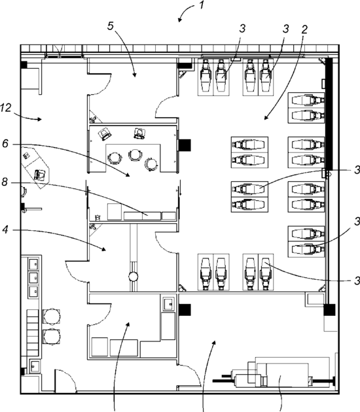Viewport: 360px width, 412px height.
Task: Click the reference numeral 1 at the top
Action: click(201, 5)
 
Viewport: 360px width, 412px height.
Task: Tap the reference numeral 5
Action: click(111, 26)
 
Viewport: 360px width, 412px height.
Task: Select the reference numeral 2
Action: click(304, 29)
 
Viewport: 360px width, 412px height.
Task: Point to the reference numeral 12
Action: click(5, 107)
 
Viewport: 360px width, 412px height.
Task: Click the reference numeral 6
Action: click(5, 144)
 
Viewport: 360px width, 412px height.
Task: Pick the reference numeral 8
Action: click(5, 182)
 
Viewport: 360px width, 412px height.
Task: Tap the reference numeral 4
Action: click(5, 230)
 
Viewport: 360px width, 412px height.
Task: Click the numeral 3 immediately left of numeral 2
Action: click(286, 28)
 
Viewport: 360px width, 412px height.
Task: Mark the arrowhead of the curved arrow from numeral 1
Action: click(180, 20)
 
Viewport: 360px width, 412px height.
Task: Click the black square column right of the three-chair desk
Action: click(185, 145)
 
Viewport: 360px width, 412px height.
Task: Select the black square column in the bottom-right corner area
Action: click(329, 310)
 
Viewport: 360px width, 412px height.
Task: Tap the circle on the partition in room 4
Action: click(134, 276)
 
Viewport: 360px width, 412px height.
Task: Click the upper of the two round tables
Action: click(51, 317)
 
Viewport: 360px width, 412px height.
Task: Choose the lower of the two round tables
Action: click(52, 337)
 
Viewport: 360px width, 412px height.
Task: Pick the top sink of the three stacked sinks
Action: click(33, 264)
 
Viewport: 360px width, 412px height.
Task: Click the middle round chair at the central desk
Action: click(135, 155)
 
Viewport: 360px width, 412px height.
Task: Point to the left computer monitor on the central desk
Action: click(105, 134)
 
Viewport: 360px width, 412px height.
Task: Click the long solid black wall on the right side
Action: click(329, 114)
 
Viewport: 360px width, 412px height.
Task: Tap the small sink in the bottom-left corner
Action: click(35, 366)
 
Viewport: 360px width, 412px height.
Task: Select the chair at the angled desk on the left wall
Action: click(40, 175)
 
